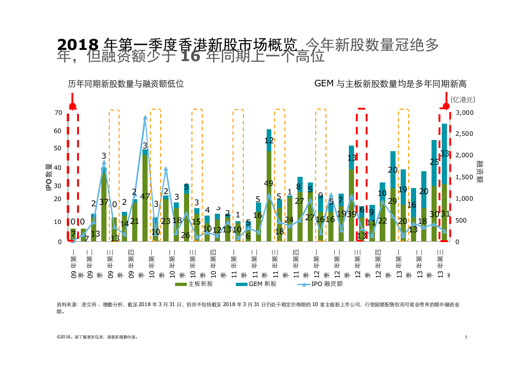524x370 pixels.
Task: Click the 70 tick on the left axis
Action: tap(58, 113)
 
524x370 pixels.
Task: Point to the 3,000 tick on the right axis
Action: tap(464, 113)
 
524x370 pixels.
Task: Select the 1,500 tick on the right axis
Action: tap(464, 177)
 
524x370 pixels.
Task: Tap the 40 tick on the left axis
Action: tap(58, 168)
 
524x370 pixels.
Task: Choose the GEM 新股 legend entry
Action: tap(256, 284)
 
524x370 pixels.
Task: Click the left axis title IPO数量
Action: tap(48, 177)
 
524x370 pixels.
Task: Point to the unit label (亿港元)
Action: tap(462, 99)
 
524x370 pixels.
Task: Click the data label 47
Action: tap(145, 196)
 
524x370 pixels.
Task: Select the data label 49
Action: tap(269, 183)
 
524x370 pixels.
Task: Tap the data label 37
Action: tap(104, 202)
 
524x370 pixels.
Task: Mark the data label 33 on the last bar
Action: tap(445, 154)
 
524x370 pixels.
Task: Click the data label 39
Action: tap(351, 214)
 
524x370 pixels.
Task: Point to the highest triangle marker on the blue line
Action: tap(145, 118)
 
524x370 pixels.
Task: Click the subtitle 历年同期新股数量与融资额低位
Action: tap(126, 84)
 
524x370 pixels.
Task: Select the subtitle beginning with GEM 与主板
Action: tap(390, 84)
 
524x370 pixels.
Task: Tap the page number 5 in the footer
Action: tap(466, 336)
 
